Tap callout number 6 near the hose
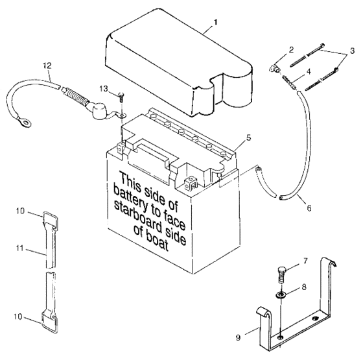pyautogui.click(x=309, y=208)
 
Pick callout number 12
pyautogui.click(x=46, y=65)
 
